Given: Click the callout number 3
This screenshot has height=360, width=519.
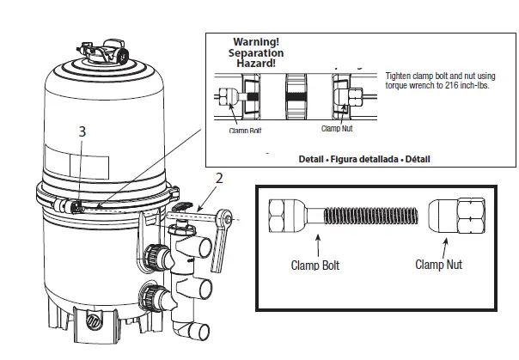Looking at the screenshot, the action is pos(82,131).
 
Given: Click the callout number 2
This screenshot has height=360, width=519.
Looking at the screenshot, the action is pos(219,179).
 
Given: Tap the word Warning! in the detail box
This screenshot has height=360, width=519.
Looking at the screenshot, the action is pos(256,42).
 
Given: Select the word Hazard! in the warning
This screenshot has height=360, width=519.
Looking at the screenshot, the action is pos(256,63).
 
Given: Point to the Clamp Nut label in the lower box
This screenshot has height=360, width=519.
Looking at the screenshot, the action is pos(438,265).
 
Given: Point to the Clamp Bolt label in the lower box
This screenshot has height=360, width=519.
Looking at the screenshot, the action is pos(315,265).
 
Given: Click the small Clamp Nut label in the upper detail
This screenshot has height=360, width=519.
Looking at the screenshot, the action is pos(337,128).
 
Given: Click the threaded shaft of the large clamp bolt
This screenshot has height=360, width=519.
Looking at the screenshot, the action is pos(370,216).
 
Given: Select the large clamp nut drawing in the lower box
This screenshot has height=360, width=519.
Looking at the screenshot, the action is pos(457,215).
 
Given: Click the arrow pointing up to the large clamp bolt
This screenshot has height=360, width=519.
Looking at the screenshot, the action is pos(319,246).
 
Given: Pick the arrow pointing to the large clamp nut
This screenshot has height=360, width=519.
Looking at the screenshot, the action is pos(445,248).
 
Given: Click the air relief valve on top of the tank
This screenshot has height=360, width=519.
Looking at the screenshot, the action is pos(103,52).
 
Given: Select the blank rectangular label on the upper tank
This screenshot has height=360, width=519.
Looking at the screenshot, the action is pos(89,167).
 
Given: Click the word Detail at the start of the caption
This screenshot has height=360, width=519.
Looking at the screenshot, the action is pos(311,159).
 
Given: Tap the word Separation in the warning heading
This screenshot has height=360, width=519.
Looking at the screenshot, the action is pos(256,52).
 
